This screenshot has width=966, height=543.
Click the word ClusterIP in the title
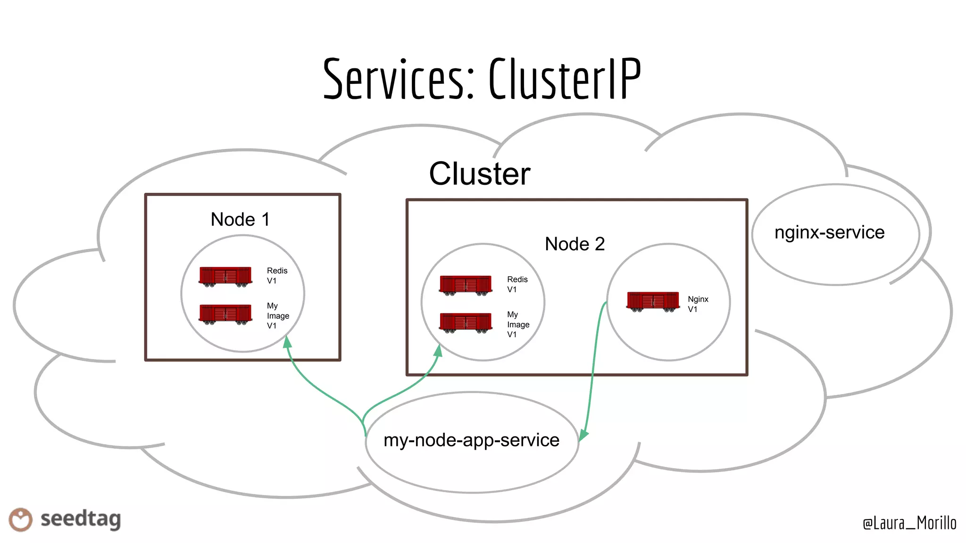[x=564, y=79]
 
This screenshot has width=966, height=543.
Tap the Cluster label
[x=479, y=174]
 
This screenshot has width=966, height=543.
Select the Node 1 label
[x=240, y=220]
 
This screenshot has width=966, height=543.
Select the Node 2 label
[x=574, y=244]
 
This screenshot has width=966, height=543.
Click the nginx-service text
[x=829, y=232]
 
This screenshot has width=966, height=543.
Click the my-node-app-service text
[x=471, y=440]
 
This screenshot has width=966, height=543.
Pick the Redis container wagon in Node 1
[x=225, y=277]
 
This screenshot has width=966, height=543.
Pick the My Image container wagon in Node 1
[x=225, y=314]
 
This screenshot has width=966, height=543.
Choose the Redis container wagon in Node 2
[x=466, y=285]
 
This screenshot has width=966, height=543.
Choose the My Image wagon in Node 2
[x=466, y=323]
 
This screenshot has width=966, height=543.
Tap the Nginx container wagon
[x=653, y=302]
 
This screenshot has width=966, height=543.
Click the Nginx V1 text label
[x=697, y=304]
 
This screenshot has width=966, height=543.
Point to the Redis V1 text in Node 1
[x=276, y=276]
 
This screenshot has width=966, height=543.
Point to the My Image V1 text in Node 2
[x=517, y=324]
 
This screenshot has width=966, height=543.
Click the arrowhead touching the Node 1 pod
[x=287, y=342]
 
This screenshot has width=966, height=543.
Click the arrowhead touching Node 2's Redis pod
[x=438, y=351]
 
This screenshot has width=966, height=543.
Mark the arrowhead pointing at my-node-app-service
[x=583, y=434]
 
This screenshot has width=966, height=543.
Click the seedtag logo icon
[x=20, y=519]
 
